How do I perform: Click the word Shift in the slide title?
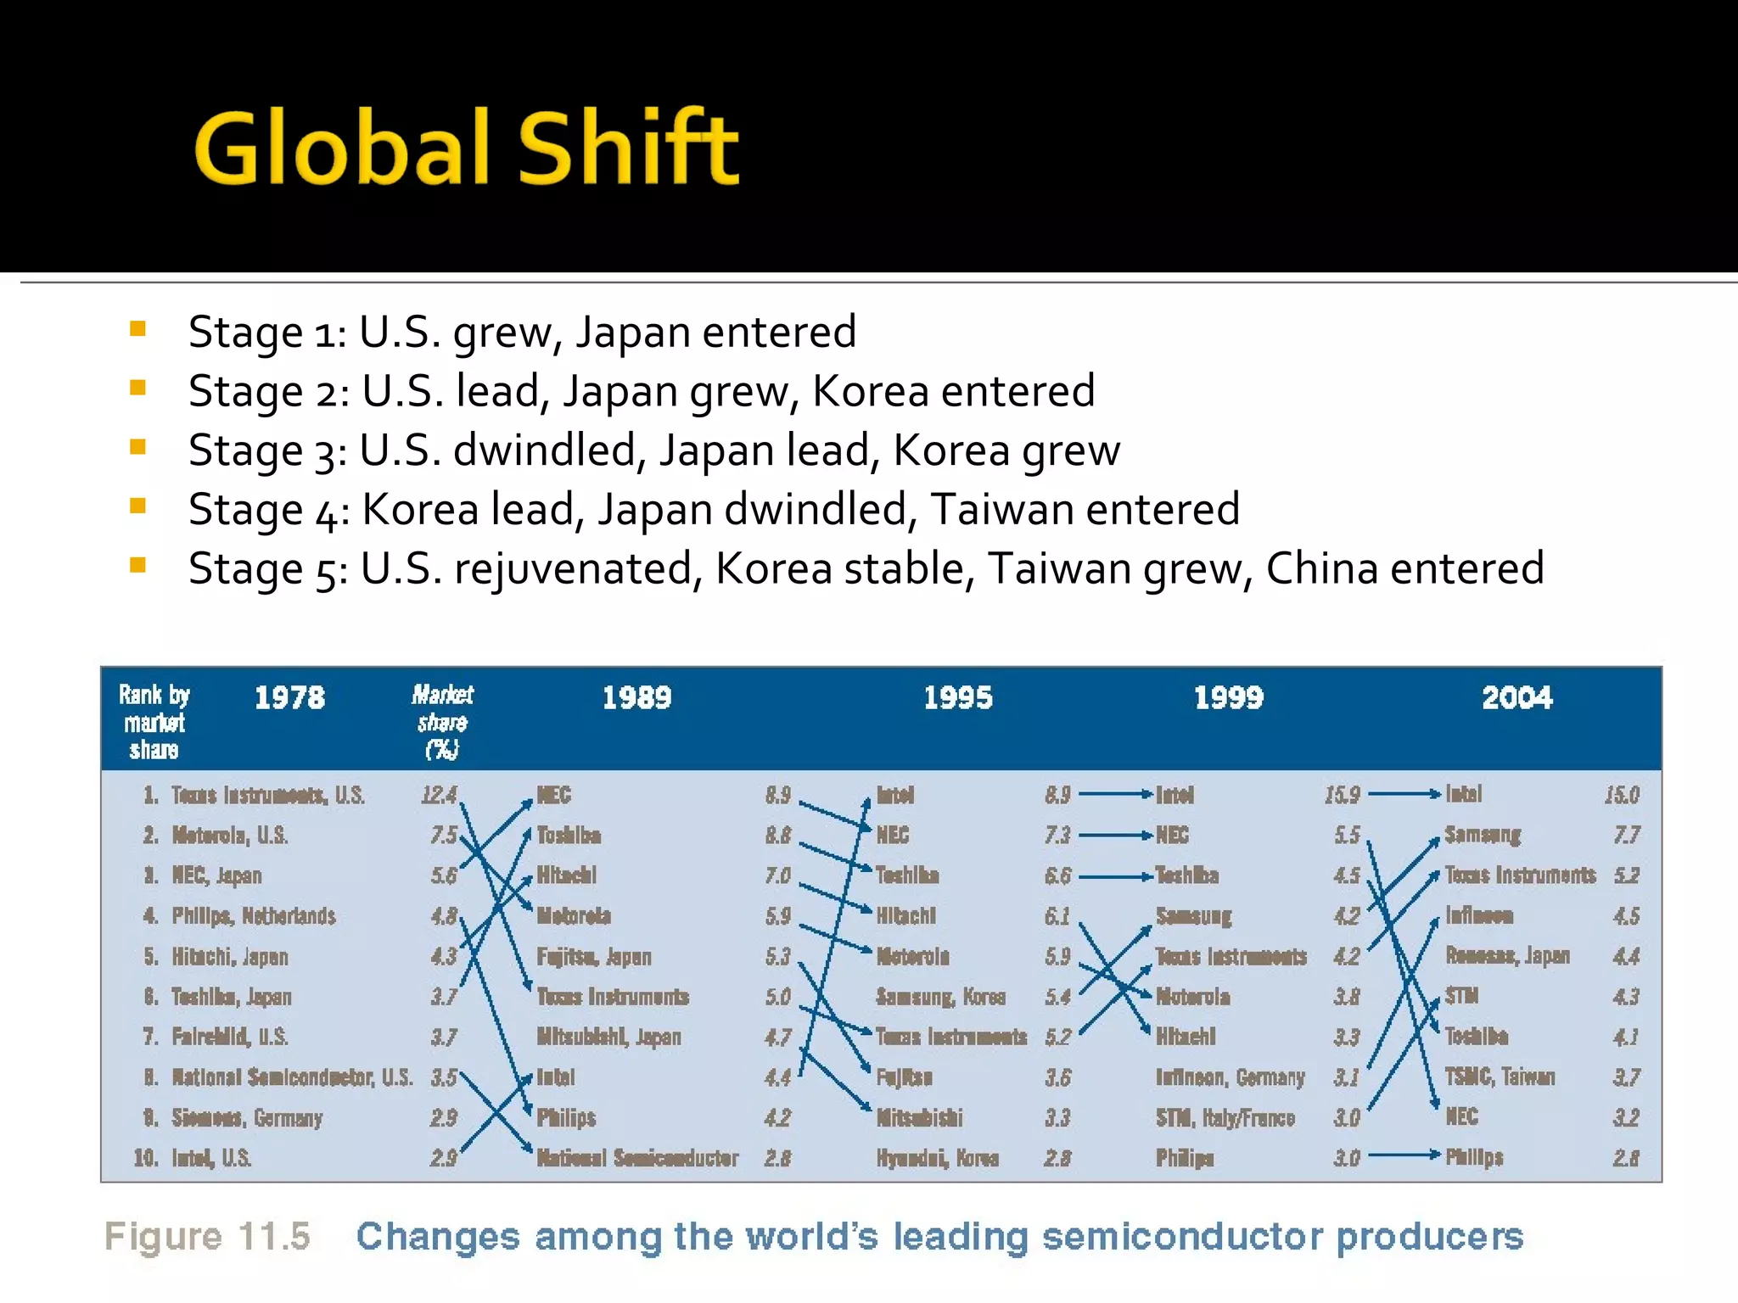(628, 148)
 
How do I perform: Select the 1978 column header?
(289, 698)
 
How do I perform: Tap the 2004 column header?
(1517, 698)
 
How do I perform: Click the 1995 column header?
(957, 698)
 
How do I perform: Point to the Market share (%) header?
(442, 722)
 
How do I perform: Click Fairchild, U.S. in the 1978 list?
(229, 1037)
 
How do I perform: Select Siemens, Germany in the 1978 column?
(246, 1118)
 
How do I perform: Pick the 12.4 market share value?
(439, 796)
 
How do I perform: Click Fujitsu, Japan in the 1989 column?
(594, 957)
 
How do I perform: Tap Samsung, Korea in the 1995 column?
(940, 997)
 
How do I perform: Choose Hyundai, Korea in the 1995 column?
(937, 1158)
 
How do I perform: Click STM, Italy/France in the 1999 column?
(1225, 1118)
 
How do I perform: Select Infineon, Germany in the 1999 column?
(1230, 1077)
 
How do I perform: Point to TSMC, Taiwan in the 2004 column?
(1500, 1077)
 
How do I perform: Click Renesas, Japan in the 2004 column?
(1507, 956)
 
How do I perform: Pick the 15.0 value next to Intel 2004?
(1621, 796)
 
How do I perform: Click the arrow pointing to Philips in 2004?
(1404, 1155)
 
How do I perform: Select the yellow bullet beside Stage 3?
(138, 447)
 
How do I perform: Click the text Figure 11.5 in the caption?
(207, 1237)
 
